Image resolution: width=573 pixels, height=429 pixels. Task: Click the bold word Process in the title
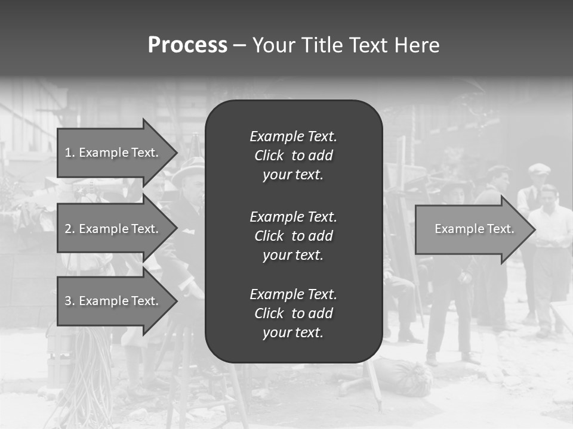(187, 45)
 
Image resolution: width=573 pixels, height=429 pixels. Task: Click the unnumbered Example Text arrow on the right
(473, 229)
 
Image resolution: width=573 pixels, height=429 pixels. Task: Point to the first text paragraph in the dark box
(293, 156)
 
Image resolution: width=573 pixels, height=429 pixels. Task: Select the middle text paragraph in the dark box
(293, 235)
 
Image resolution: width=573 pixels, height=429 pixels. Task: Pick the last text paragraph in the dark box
(293, 313)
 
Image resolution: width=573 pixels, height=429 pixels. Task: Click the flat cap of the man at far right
(539, 169)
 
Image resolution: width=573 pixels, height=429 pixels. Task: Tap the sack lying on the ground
(403, 377)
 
